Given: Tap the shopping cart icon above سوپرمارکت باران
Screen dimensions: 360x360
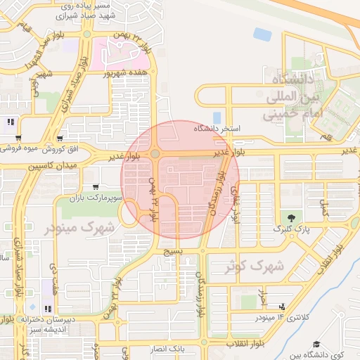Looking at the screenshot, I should tap(95, 187).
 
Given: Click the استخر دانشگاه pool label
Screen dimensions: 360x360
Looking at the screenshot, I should tap(220, 129).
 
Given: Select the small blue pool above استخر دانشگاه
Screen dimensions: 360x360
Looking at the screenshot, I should tap(217, 117).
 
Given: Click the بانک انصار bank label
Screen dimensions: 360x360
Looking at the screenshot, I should tap(167, 349).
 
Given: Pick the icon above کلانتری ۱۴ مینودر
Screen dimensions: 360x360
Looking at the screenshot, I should tap(281, 307).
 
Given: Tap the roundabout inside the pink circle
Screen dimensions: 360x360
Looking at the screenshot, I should tap(154, 153).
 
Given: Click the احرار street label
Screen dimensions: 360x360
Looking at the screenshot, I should tap(263, 297).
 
